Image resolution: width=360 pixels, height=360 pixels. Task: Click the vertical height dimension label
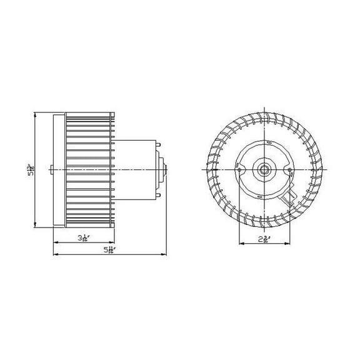[30, 170]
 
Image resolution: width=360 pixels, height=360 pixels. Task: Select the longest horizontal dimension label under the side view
[111, 251]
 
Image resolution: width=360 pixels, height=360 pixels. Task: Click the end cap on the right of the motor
[164, 169]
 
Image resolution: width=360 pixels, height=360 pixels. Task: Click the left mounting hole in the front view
[240, 167]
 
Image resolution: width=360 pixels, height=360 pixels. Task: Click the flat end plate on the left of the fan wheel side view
[61, 169]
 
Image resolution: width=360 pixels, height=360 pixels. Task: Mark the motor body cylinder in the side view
[139, 169]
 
